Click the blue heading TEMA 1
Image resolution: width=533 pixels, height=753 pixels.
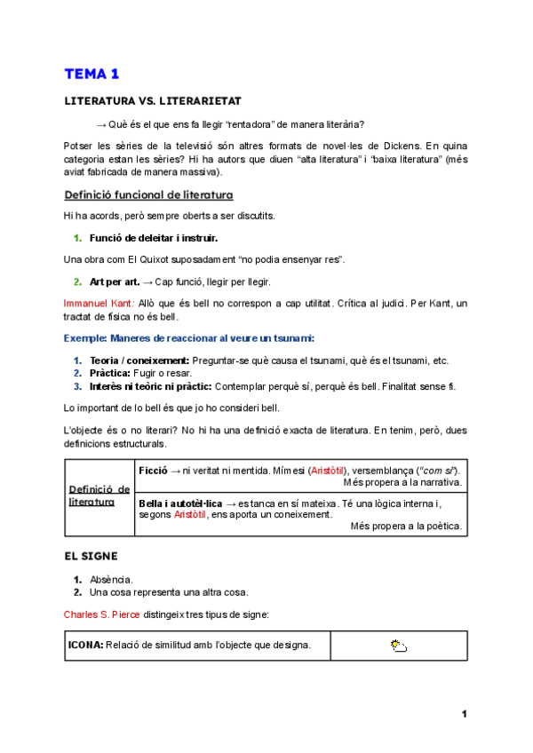(x=91, y=74)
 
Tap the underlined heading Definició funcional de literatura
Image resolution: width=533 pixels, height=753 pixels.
(x=148, y=194)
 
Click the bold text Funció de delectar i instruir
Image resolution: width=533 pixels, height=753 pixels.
(x=153, y=238)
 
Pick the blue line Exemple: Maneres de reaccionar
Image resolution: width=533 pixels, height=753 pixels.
(x=189, y=338)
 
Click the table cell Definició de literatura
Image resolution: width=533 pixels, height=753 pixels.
(x=99, y=495)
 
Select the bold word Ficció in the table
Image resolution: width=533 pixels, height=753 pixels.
(x=153, y=469)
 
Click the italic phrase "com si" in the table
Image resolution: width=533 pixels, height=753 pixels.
(x=438, y=469)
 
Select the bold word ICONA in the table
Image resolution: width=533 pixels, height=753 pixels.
(x=85, y=645)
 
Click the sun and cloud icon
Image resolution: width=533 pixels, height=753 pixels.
(x=399, y=646)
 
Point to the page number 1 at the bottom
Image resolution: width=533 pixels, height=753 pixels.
(x=464, y=714)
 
